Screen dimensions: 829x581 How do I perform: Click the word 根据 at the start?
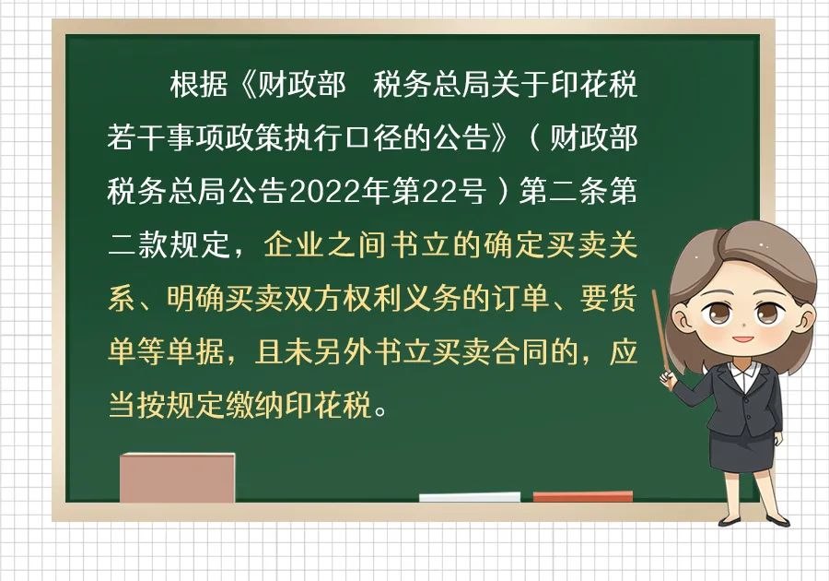(199, 85)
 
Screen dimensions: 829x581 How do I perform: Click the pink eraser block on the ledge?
(177, 478)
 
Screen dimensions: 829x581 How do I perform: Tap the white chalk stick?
(470, 497)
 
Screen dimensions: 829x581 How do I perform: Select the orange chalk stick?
(583, 496)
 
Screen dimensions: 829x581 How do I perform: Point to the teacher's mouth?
(742, 338)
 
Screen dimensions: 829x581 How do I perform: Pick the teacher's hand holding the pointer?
(668, 378)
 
